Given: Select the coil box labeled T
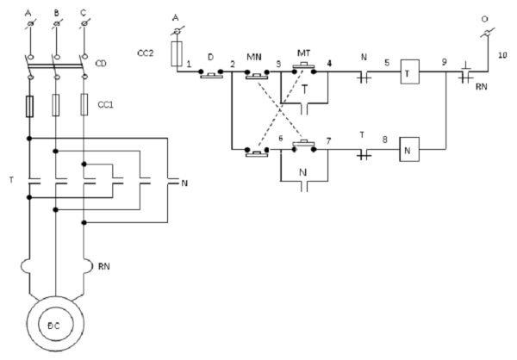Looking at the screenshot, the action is [410, 71].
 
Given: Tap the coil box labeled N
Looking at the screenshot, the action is [409, 149].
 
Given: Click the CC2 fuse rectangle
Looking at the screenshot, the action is [177, 54].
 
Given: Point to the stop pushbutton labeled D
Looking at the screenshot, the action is [211, 74].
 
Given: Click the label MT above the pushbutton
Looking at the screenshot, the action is [303, 53].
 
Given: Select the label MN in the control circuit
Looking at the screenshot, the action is [254, 57].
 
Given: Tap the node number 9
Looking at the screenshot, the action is [445, 62].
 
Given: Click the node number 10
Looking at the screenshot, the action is [502, 55].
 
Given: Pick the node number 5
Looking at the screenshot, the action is [387, 62].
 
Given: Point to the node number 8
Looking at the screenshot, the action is [385, 140].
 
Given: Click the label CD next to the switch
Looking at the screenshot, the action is [101, 63].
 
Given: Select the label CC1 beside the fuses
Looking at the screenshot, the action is [105, 105].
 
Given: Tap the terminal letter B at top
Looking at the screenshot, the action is [57, 13].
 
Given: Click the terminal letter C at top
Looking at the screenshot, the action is [83, 13].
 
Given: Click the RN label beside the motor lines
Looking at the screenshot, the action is [104, 266].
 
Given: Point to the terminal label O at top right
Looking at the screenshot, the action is [484, 19].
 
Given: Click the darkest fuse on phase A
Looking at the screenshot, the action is [29, 107].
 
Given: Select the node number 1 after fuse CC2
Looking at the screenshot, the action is [189, 64].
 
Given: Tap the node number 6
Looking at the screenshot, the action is [281, 138].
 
